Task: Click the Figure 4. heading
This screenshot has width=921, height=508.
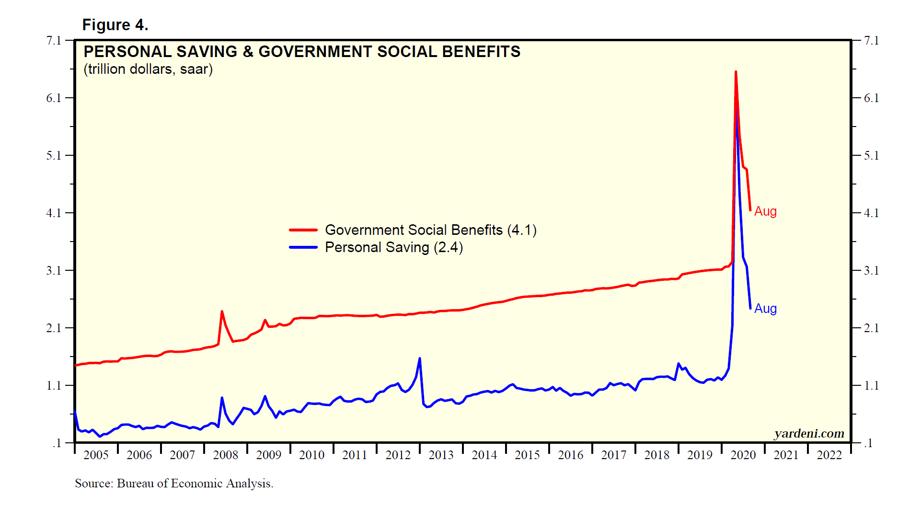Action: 115,25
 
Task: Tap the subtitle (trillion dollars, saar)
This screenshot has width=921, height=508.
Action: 148,69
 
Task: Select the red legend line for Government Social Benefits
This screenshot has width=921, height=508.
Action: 303,230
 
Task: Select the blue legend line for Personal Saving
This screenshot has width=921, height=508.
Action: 303,247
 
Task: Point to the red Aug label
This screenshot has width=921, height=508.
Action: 765,211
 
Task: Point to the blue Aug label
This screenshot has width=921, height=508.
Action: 765,309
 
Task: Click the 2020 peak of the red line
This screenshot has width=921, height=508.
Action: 736,72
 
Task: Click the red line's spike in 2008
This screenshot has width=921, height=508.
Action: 222,312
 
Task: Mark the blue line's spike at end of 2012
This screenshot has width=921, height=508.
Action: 420,358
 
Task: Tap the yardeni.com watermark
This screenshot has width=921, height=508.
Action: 809,434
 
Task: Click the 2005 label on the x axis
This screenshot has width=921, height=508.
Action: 96,455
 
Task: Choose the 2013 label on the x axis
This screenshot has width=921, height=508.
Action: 441,455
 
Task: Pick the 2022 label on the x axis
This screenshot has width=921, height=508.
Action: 829,455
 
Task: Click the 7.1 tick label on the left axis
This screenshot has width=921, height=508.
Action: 54,41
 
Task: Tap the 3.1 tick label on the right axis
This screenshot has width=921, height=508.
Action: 871,271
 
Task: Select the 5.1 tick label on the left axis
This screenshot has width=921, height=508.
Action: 54,156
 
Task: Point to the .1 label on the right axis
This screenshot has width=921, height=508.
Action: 868,443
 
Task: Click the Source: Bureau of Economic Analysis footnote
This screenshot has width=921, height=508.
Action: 174,484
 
